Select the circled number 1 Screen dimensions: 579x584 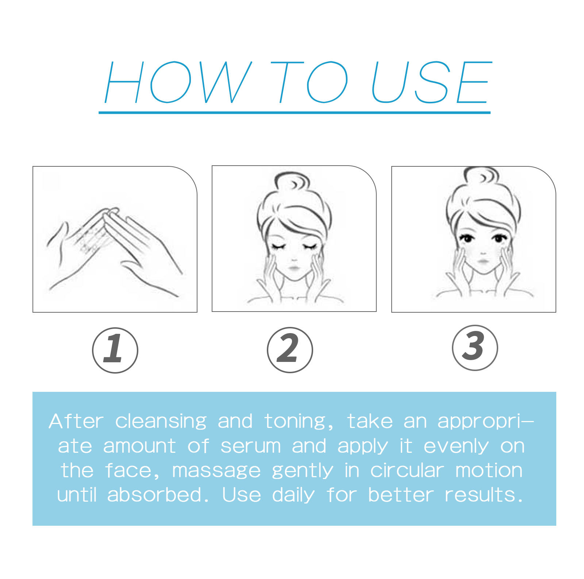(x=115, y=350)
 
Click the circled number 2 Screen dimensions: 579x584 (x=290, y=350)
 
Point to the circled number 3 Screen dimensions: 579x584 (x=474, y=348)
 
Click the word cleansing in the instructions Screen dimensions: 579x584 (x=161, y=422)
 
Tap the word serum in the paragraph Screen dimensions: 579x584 (x=250, y=447)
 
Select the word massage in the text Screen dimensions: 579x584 (x=216, y=471)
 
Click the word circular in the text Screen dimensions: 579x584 (x=407, y=470)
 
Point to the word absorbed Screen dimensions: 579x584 (x=154, y=495)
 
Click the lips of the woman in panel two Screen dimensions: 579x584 (x=294, y=269)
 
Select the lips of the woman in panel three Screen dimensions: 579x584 (x=483, y=262)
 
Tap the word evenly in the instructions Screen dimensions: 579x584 (x=456, y=447)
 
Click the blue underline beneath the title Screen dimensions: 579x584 (x=294, y=113)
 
